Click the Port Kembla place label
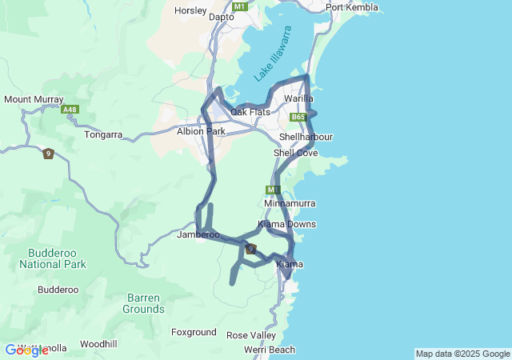tap(350, 7)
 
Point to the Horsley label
tap(190, 11)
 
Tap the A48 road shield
tap(70, 110)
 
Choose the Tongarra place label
tap(103, 135)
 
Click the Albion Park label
tap(201, 130)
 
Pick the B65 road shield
tap(298, 117)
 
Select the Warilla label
tap(298, 98)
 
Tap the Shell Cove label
tap(296, 152)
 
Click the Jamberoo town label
tap(198, 234)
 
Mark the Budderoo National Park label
tap(52, 258)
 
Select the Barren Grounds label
tap(145, 303)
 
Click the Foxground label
tap(194, 332)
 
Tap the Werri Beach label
tap(270, 350)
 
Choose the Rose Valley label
tap(251, 335)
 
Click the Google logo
tap(26, 350)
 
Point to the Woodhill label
tap(99, 344)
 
